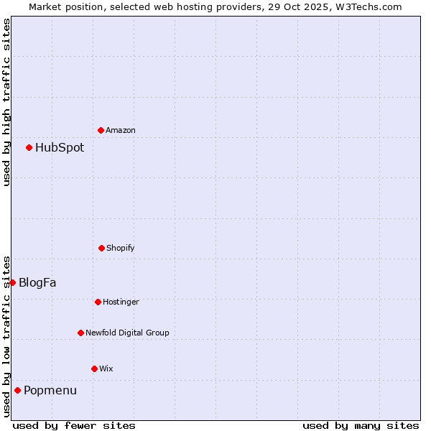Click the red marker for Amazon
101,130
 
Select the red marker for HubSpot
29,147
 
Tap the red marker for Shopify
101,248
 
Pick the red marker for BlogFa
12,282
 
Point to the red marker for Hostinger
98,302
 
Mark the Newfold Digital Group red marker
80,333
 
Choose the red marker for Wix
94,369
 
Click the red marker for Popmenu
17,390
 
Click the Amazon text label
121,130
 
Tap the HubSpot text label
60,147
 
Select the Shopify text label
121,248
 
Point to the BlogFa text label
37,282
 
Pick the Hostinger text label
121,302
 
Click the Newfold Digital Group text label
127,333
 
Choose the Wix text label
106,369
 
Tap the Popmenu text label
50,390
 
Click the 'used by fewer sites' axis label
74,425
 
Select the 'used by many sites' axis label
361,425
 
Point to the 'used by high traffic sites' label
6,102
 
